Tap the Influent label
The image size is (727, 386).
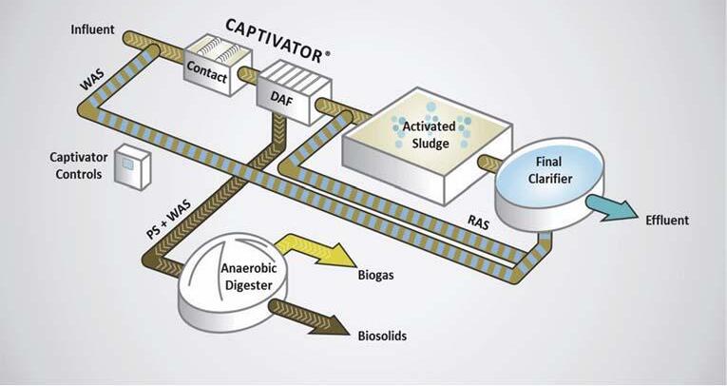point(92,29)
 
